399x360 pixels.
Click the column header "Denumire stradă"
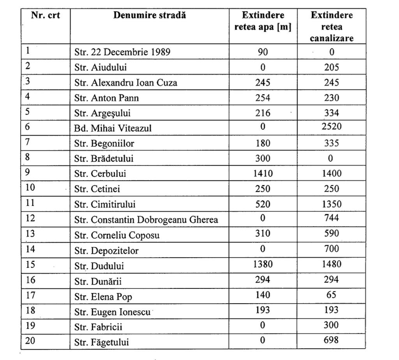pos(150,16)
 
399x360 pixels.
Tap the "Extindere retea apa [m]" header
pos(263,21)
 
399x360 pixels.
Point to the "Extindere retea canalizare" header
pos(332,27)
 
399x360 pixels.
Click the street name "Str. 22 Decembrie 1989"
pos(122,52)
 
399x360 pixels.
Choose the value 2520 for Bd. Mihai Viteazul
pos(332,128)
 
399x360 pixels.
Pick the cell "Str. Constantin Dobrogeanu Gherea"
pos(146,220)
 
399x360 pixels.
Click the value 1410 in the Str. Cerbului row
pos(263,173)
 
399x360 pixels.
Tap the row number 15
pos(30,265)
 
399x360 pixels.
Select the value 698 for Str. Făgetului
pos(332,341)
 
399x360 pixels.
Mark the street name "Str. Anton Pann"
pos(106,98)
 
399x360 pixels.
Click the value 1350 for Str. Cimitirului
pos(332,204)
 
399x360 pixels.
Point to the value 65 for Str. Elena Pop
pos(332,295)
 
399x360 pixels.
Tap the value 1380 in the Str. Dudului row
pos(263,264)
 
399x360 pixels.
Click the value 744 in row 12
pos(332,218)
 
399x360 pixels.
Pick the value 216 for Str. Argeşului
pos(263,113)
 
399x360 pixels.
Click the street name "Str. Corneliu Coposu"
pos(117,235)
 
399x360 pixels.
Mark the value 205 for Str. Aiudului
pos(332,67)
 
